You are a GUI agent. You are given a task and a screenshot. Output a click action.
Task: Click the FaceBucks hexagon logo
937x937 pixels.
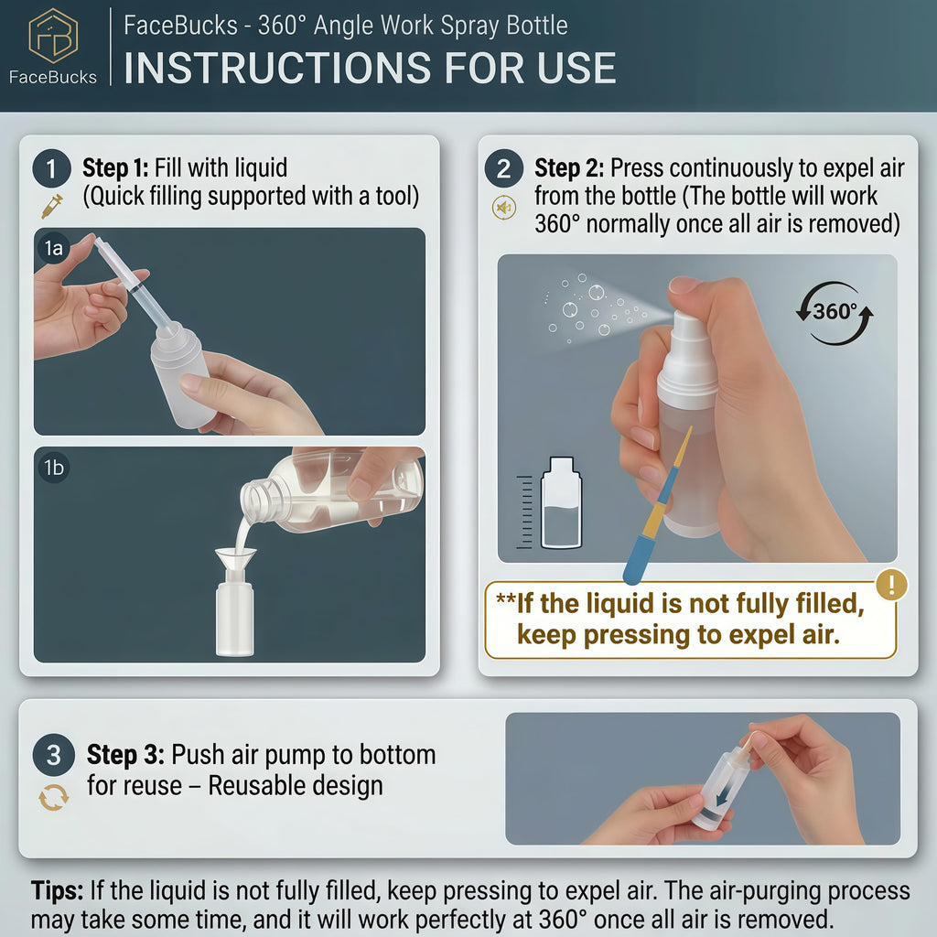[x=53, y=36]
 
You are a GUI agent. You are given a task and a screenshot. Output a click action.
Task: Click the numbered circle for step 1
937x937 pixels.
[x=51, y=168]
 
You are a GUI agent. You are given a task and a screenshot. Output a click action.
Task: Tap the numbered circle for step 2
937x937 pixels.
[x=504, y=168]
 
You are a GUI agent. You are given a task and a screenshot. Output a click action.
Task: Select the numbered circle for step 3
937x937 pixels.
[x=54, y=755]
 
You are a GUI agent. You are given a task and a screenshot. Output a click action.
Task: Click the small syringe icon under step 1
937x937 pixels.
[x=52, y=206]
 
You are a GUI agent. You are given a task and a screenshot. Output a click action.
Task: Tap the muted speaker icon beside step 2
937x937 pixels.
[x=504, y=208]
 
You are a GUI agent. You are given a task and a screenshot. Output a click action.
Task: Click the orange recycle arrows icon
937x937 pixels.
[x=54, y=798]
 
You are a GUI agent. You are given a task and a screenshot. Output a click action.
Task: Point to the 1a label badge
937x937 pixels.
[x=54, y=247]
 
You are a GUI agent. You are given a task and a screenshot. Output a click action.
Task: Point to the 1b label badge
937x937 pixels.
[x=54, y=467]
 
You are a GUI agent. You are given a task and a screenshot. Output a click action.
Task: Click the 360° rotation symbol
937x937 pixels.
[x=835, y=313]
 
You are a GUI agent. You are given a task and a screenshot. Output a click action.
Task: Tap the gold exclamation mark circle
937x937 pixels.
[x=891, y=585]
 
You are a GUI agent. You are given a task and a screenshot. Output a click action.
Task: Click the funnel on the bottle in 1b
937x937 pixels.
[x=235, y=563]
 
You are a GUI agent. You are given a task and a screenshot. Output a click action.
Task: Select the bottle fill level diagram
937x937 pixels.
[x=550, y=503]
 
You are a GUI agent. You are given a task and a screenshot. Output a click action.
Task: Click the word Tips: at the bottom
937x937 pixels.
[x=58, y=890]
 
